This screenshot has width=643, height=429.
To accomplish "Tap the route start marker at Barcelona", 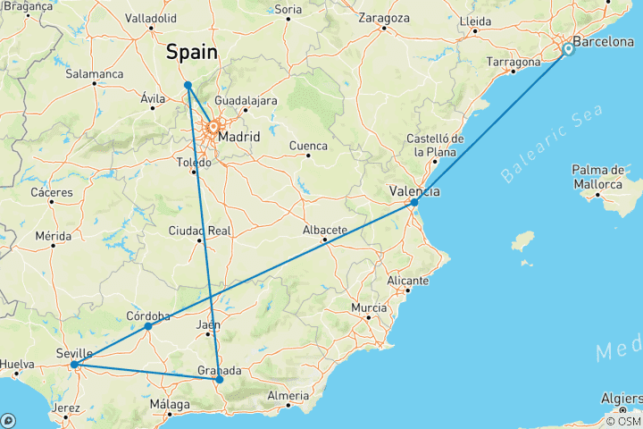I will click(568, 50).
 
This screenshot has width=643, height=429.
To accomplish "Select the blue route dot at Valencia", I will click(414, 202).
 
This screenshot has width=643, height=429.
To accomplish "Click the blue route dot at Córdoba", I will click(148, 326).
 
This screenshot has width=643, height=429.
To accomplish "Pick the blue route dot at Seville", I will click(74, 365).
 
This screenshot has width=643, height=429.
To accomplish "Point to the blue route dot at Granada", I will click(219, 380).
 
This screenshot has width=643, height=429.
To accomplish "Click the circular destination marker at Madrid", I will click(214, 129).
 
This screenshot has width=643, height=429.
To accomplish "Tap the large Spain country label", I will click(192, 53).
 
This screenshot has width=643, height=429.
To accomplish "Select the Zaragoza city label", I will click(383, 18).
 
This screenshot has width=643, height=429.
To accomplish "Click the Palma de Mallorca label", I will click(597, 177).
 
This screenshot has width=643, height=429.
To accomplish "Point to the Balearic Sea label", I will click(551, 143).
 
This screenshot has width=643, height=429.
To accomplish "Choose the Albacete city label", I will click(324, 230).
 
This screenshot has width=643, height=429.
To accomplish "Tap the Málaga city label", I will click(170, 405).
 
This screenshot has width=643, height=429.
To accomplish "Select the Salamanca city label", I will click(95, 73).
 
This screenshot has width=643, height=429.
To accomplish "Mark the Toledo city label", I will click(194, 164).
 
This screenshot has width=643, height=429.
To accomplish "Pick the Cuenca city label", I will click(308, 146).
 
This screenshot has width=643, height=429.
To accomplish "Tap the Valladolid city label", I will click(151, 17).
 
